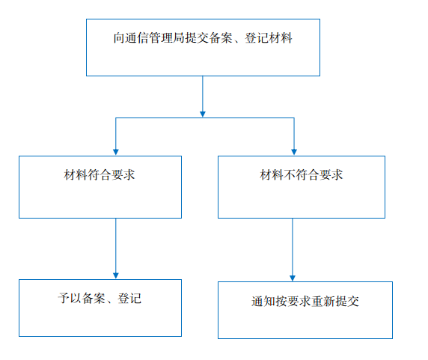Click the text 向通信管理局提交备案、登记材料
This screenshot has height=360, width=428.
[x=203, y=38]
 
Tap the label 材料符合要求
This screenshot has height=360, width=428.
[x=100, y=174]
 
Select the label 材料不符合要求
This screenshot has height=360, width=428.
[x=301, y=174]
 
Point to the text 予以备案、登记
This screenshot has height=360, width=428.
[x=100, y=299]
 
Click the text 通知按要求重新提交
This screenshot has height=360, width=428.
[x=305, y=302]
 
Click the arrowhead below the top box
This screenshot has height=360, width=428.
[x=203, y=114]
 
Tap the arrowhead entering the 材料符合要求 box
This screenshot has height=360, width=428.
[x=116, y=152]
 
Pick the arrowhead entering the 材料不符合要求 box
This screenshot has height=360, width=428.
[x=294, y=152]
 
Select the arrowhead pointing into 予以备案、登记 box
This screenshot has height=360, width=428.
[x=116, y=275]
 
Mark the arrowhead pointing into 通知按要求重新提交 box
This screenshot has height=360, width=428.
[x=293, y=278]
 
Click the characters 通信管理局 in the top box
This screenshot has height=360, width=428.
[x=155, y=38]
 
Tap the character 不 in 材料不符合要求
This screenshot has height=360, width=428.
[x=290, y=174]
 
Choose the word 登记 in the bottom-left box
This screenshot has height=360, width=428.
[x=129, y=299]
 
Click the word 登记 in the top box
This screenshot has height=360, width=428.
[x=257, y=38]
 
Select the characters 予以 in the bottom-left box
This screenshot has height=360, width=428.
[x=70, y=299]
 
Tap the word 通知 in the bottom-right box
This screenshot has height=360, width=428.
[x=263, y=302]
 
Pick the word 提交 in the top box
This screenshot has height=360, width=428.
[x=197, y=38]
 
